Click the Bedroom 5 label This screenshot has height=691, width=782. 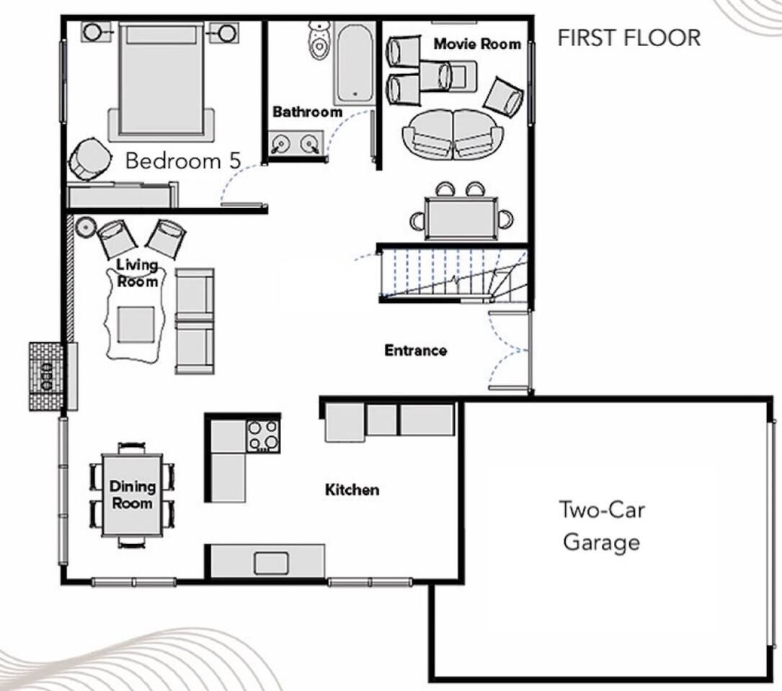point(183,161)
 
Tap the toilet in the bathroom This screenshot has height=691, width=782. point(318,40)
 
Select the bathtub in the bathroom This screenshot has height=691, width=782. point(354,63)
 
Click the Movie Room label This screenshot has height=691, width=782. point(477,44)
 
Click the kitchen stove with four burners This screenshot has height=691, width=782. point(263,436)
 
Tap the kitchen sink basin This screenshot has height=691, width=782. point(271,563)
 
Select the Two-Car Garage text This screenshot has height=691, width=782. point(602,525)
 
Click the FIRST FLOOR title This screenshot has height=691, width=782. point(629,38)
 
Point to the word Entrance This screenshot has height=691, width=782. point(415,351)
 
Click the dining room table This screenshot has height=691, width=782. point(132,494)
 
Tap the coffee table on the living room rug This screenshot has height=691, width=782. point(135,325)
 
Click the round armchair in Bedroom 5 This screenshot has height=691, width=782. point(90,159)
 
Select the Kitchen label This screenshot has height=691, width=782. point(352,489)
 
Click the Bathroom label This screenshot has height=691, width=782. point(307,112)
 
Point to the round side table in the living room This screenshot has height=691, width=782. point(86,226)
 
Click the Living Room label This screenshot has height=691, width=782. point(137,273)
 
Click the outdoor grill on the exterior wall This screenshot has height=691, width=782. point(46,376)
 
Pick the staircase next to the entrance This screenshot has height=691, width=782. point(453,276)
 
